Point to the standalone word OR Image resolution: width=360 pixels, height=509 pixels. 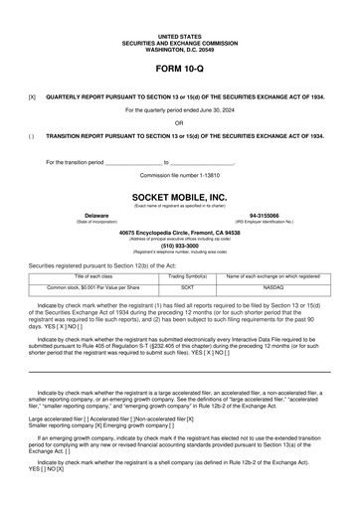(x=179, y=122)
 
